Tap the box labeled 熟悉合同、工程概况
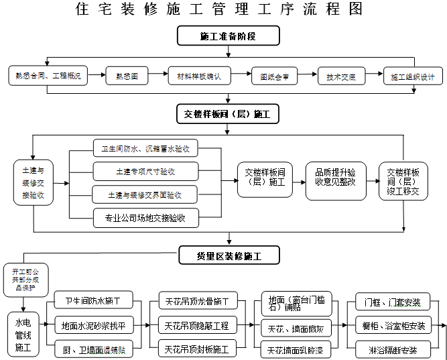pyautogui.click(x=48, y=76)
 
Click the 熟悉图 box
pyautogui.click(x=126, y=76)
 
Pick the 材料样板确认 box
pyautogui.click(x=199, y=76)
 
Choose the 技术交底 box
pyautogui.click(x=341, y=76)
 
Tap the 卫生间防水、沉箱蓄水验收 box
pyautogui.click(x=145, y=148)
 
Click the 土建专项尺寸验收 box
pyautogui.click(x=145, y=172)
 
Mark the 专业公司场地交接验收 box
pyautogui.click(x=145, y=217)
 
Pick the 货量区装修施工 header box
pyautogui.click(x=228, y=255)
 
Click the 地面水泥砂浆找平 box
pyautogui.click(x=94, y=326)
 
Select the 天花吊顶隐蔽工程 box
pyautogui.click(x=196, y=326)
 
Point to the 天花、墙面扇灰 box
pyautogui.click(x=296, y=328)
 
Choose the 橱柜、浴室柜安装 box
pyautogui.click(x=393, y=326)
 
